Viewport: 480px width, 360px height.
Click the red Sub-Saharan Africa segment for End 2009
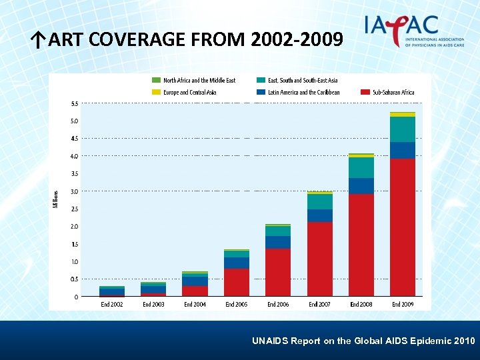pos(403,227)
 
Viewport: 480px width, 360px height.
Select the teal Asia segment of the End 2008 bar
pos(361,168)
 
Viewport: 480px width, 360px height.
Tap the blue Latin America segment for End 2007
pos(319,215)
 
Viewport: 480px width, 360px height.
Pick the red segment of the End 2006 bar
pos(278,272)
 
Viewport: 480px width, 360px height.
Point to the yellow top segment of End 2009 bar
pos(403,115)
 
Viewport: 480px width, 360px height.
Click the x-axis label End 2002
pos(112,304)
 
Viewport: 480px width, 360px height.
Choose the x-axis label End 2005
pos(236,304)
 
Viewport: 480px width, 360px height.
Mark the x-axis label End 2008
pos(361,304)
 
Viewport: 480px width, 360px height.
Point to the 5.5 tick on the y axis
pos(74,103)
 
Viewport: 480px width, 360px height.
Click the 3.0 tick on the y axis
pos(74,191)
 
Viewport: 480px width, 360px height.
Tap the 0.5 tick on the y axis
pos(74,279)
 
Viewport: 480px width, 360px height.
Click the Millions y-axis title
pos(56,198)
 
